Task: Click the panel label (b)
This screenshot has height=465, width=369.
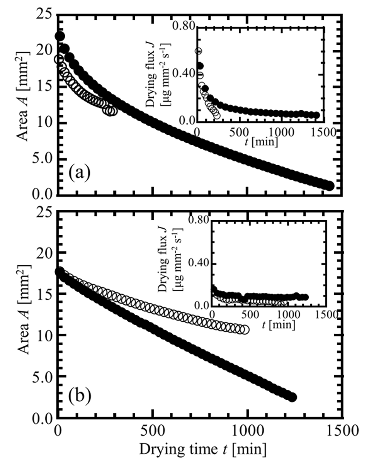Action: (x=80, y=395)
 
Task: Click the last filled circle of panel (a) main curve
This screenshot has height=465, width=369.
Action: (x=329, y=186)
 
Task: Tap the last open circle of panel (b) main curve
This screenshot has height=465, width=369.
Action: (x=244, y=330)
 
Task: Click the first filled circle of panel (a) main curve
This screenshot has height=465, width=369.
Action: (x=60, y=36)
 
